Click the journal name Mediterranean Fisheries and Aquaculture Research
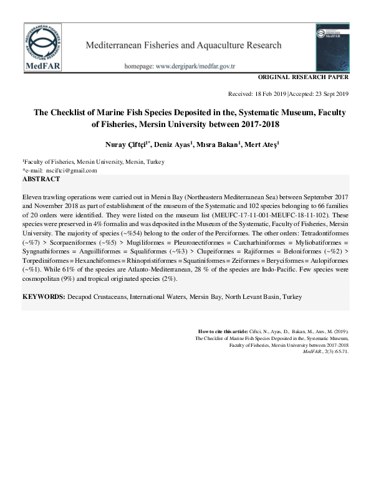[183, 45]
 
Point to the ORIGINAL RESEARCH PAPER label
[302, 78]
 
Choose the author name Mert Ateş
[261, 144]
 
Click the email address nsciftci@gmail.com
[67, 171]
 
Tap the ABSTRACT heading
[42, 179]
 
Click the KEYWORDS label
[43, 297]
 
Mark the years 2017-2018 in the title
[255, 125]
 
